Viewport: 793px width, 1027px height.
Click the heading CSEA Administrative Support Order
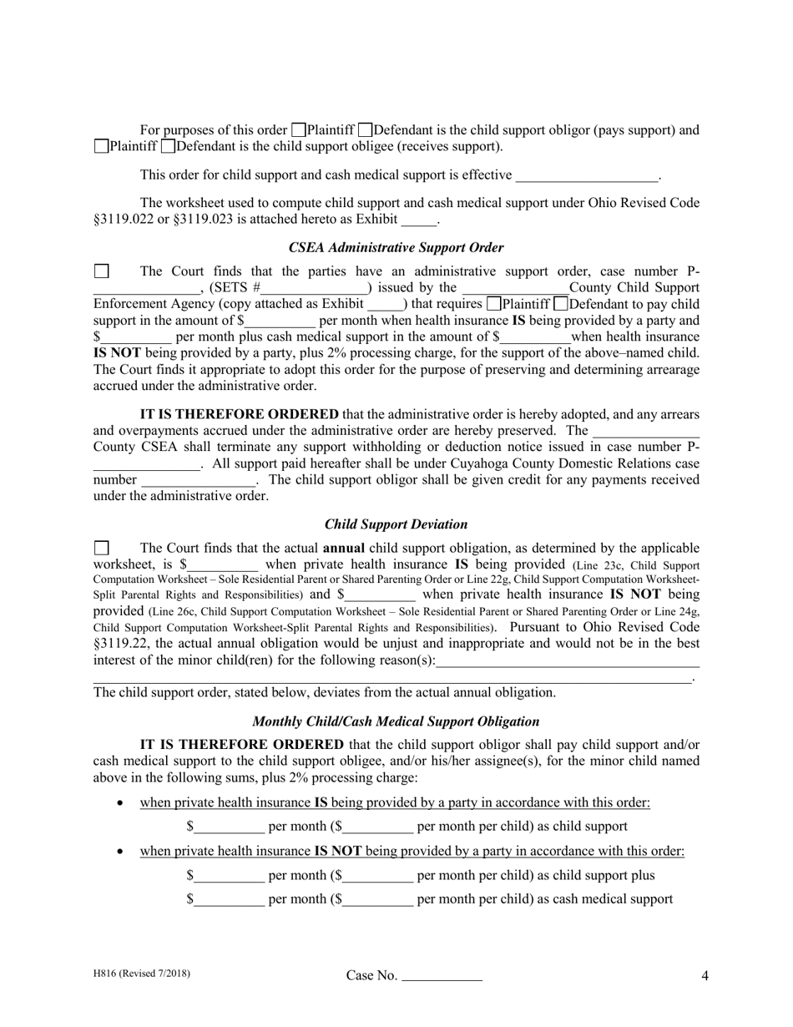pyautogui.click(x=396, y=248)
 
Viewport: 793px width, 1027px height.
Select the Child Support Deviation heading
pyautogui.click(x=396, y=524)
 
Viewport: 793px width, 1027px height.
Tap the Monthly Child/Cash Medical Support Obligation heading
pyautogui.click(x=396, y=721)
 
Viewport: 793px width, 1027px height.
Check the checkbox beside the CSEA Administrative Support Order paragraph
pyautogui.click(x=101, y=271)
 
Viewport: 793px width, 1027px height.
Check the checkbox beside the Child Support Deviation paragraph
pyautogui.click(x=101, y=549)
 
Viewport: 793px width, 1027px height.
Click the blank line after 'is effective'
pyautogui.click(x=587, y=176)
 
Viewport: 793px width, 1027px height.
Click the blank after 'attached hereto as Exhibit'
pyautogui.click(x=419, y=220)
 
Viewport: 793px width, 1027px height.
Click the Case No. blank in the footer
pyautogui.click(x=442, y=976)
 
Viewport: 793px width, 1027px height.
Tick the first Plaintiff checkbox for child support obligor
pyautogui.click(x=298, y=130)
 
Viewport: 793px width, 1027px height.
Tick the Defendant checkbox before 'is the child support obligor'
pyautogui.click(x=365, y=130)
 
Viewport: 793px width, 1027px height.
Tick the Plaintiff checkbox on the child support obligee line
pyautogui.click(x=101, y=147)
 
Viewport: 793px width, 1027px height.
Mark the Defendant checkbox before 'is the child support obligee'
pyautogui.click(x=168, y=147)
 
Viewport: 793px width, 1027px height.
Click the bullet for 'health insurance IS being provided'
pyautogui.click(x=122, y=803)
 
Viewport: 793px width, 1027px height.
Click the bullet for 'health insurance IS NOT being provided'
pyautogui.click(x=122, y=852)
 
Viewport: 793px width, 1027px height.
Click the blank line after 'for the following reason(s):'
pyautogui.click(x=568, y=661)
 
